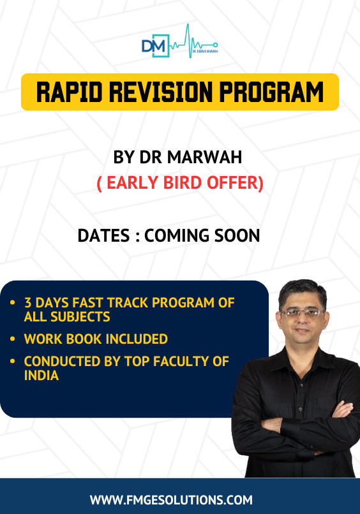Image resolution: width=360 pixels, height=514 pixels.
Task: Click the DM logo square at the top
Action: pyautogui.click(x=156, y=46)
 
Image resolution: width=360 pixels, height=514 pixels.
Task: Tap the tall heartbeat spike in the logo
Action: pyautogui.click(x=189, y=41)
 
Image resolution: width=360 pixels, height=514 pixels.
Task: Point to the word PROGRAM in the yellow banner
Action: pyautogui.click(x=271, y=92)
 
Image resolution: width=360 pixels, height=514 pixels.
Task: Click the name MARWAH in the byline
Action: pyautogui.click(x=205, y=157)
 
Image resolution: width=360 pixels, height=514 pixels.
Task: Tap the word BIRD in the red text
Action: pyautogui.click(x=182, y=182)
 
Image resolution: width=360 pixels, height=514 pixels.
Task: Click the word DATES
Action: pyautogui.click(x=103, y=236)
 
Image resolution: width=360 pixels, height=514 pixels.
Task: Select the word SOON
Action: pyautogui.click(x=237, y=236)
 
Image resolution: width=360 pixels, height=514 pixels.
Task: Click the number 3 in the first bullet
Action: pyautogui.click(x=28, y=302)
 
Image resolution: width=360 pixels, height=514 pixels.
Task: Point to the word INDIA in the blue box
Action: pyautogui.click(x=41, y=376)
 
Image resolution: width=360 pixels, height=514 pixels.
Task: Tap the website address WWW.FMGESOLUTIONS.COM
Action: pyautogui.click(x=171, y=500)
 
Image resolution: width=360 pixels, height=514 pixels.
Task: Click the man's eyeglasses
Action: pyautogui.click(x=301, y=313)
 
